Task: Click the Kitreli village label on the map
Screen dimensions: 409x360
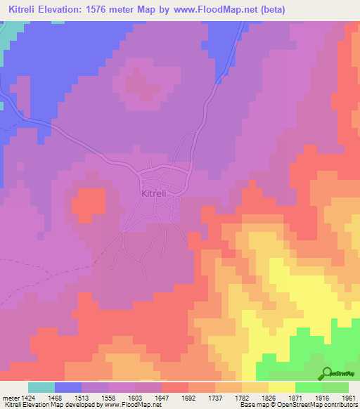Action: (153, 193)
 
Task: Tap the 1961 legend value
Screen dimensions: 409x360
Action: (349, 396)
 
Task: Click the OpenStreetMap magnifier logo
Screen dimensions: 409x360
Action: (328, 374)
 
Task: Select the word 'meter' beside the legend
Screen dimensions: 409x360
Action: (10, 396)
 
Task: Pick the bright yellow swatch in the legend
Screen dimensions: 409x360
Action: (281, 387)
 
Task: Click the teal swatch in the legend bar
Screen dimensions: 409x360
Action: (41, 387)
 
